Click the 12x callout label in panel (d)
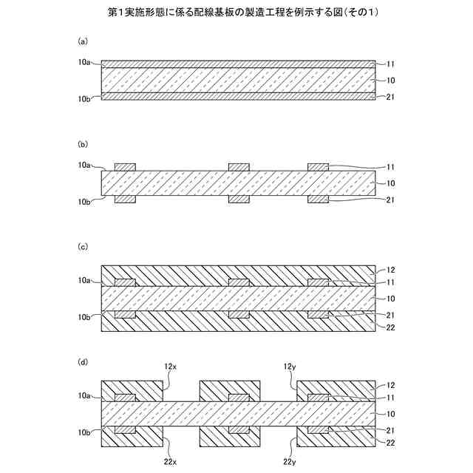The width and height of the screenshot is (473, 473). [171, 367]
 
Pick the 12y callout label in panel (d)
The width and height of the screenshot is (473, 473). [289, 367]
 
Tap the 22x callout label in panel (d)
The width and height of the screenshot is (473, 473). [171, 462]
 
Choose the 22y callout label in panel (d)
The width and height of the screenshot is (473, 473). [289, 462]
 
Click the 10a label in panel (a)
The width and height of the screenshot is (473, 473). [84, 64]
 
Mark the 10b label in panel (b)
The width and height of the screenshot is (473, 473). [84, 200]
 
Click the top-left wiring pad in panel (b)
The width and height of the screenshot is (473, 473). [125, 167]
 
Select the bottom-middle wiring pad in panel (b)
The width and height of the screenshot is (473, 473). [239, 200]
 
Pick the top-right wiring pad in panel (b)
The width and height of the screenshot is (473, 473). [317, 167]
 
